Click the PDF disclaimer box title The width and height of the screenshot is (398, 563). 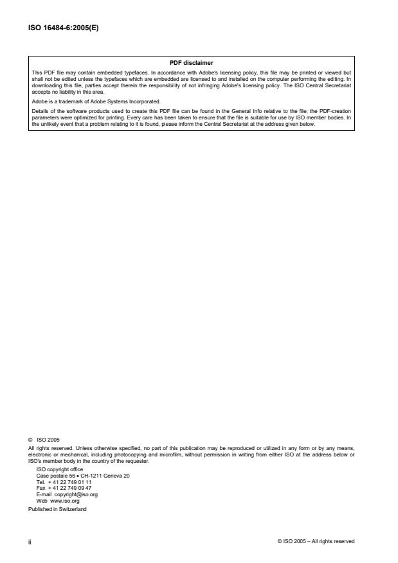coord(191,62)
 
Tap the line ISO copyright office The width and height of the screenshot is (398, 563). coord(60,469)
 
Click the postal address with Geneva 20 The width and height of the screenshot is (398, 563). coord(83,475)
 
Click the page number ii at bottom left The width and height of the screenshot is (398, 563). coord(30,541)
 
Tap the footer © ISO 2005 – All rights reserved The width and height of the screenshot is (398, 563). coord(316,541)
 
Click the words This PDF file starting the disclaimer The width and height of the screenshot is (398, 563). coord(43,72)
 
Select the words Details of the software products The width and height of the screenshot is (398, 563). coord(68,110)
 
